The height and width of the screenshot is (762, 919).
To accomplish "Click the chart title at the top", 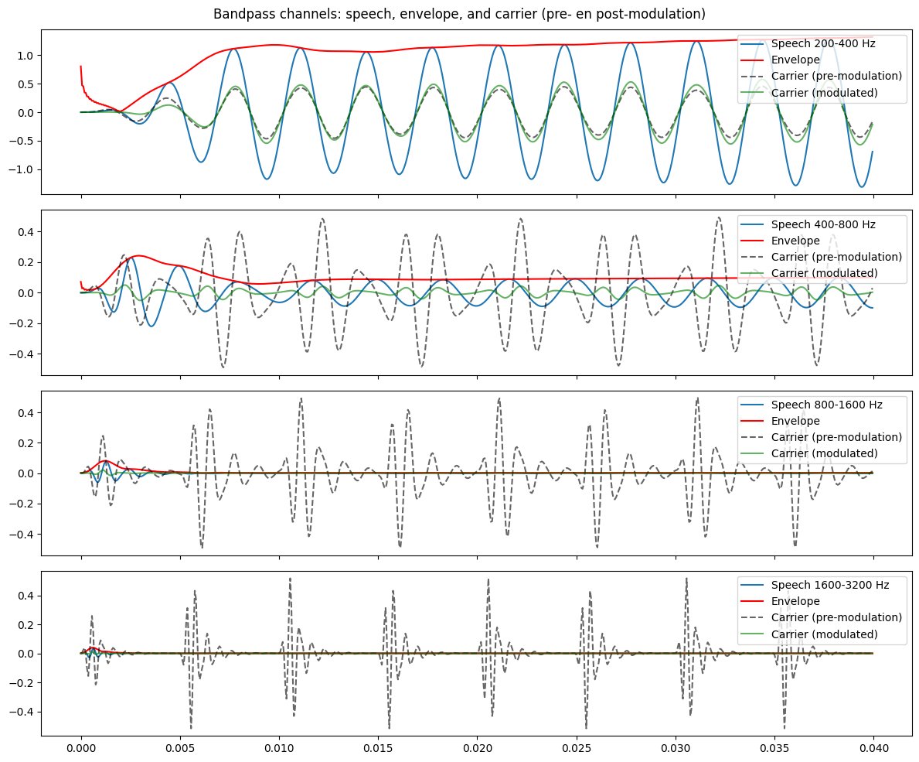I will pos(459,14).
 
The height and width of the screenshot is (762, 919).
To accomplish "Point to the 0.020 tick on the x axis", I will pos(477,750).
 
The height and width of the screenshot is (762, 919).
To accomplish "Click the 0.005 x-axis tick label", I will pos(180,750).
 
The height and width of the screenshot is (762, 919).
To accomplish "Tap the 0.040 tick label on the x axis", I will pos(873,750).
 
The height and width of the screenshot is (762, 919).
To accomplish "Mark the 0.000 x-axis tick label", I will pos(81,750).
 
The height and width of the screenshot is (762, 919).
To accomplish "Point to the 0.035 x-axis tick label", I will pos(774,750).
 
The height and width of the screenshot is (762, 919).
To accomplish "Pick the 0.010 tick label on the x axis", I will pos(279,750).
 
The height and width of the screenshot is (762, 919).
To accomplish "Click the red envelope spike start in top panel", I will pos(81,67).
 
